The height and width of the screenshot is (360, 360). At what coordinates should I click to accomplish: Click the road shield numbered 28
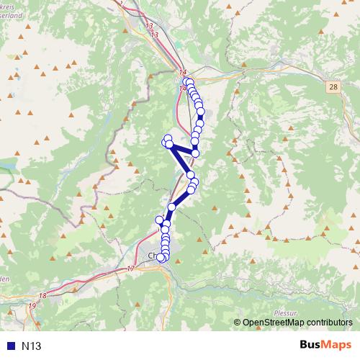pyautogui.click(x=333, y=86)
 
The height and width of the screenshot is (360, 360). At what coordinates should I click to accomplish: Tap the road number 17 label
pyautogui.click(x=130, y=269)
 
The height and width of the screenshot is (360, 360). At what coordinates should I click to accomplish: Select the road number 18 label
pyautogui.click(x=43, y=295)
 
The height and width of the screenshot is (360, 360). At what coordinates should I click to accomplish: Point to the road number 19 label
pyautogui.click(x=32, y=306)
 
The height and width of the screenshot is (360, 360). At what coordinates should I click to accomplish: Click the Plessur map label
pyautogui.click(x=286, y=312)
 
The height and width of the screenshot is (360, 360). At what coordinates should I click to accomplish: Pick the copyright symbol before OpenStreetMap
pyautogui.click(x=239, y=323)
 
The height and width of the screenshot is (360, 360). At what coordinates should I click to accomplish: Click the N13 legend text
pyautogui.click(x=32, y=346)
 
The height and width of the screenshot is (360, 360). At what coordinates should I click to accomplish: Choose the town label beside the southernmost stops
pyautogui.click(x=150, y=256)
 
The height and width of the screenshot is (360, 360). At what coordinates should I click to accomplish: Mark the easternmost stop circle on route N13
pyautogui.click(x=201, y=112)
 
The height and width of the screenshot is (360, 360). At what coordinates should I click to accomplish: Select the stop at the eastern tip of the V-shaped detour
pyautogui.click(x=195, y=153)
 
